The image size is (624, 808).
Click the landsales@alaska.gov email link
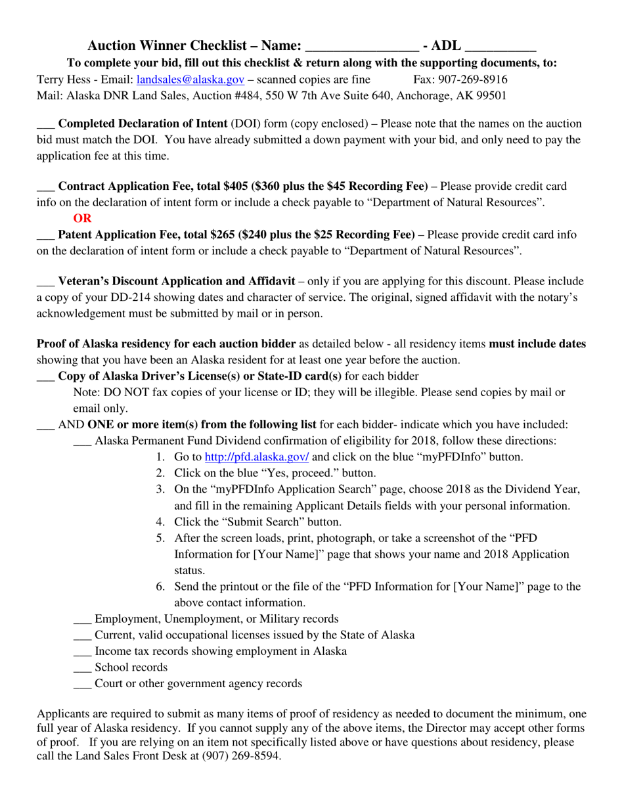[190, 79]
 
